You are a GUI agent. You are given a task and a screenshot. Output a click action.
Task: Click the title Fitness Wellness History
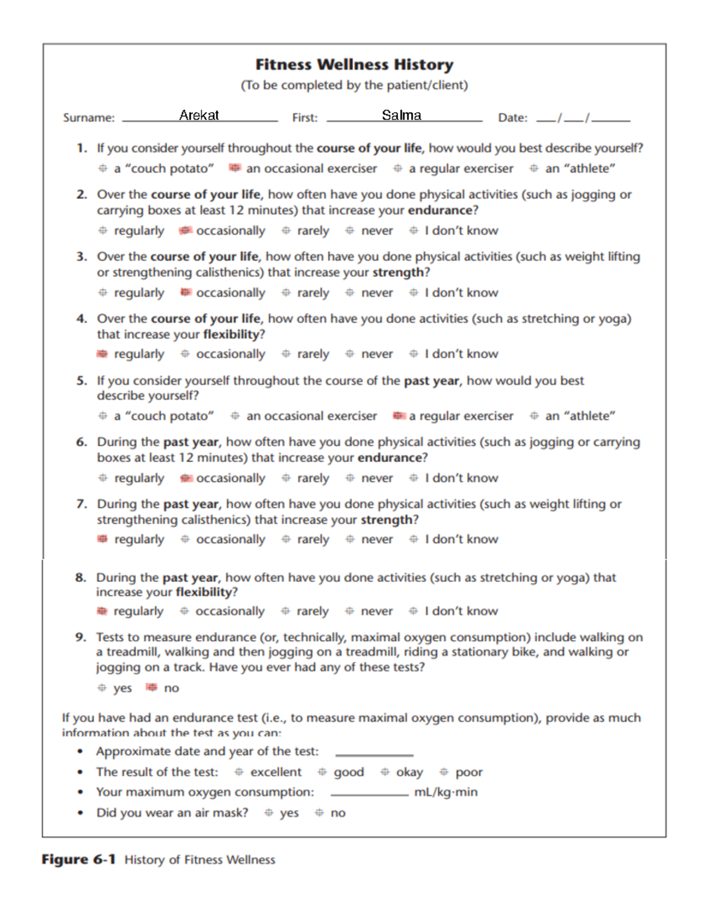(x=354, y=64)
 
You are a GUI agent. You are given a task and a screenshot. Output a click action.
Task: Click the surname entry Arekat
(x=199, y=115)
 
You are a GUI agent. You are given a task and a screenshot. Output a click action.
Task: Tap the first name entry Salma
(x=402, y=115)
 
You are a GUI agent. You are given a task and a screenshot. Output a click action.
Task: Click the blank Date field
(x=583, y=118)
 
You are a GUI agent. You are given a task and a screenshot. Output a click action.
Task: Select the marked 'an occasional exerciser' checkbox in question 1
(x=235, y=168)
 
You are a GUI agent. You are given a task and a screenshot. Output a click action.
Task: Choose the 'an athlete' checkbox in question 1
(x=534, y=168)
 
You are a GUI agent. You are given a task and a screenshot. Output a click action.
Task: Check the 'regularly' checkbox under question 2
(x=103, y=230)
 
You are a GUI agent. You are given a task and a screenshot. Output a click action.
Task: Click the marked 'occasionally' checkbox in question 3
(x=186, y=292)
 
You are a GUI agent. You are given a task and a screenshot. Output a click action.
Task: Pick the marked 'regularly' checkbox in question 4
(x=103, y=354)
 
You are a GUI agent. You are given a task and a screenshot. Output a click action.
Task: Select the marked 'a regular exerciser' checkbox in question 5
(x=399, y=416)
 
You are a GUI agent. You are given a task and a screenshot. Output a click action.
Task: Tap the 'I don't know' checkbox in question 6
(x=414, y=478)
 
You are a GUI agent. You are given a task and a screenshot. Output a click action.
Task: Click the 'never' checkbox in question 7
(x=350, y=539)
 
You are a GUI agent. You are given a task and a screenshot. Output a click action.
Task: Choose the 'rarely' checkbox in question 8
(x=285, y=611)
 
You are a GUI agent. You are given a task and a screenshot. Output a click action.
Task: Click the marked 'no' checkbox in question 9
(x=152, y=687)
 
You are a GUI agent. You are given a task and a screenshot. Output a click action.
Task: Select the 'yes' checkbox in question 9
(x=102, y=687)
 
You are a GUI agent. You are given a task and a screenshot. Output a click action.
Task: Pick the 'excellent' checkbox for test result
(x=239, y=772)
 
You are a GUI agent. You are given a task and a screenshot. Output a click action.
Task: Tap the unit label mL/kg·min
(x=446, y=792)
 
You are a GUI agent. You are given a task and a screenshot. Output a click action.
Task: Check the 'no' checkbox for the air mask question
(x=319, y=812)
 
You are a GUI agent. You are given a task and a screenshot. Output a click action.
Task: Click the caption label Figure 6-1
(x=78, y=859)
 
